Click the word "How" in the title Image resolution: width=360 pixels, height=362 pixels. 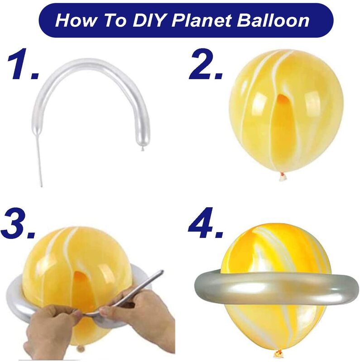coord(75,20)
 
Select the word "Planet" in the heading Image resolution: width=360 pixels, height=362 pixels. coord(202,20)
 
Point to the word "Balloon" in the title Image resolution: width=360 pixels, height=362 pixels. coord(273,20)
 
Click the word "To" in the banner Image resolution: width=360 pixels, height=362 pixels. coord(115,20)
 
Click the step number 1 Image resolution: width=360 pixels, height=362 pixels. coord(23,64)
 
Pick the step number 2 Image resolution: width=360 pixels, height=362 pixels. coord(206,64)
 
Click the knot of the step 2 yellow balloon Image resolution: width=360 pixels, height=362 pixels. coord(283,177)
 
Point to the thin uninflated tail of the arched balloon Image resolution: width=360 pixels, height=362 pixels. coord(39,160)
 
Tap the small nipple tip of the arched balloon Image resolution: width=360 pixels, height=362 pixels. coord(143,149)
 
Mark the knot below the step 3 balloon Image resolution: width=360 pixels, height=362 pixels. coord(81,348)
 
